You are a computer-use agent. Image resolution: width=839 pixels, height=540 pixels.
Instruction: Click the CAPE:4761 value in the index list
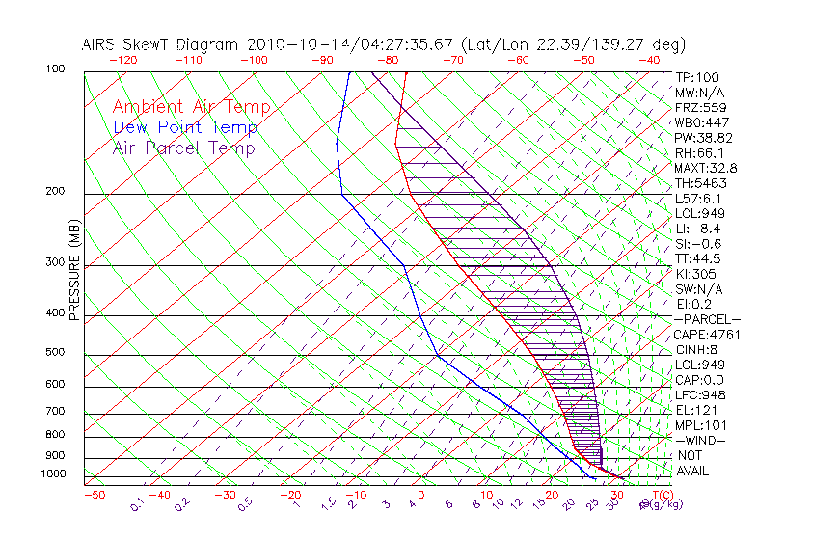tap(706, 335)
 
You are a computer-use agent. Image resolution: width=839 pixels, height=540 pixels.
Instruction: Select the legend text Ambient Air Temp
tap(192, 107)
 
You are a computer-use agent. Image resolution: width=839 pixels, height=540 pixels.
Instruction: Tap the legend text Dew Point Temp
tap(185, 127)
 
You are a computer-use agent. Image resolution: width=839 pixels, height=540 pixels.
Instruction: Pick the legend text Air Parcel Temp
tap(184, 148)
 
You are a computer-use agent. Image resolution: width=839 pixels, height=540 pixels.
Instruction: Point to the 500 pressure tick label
tap(55, 353)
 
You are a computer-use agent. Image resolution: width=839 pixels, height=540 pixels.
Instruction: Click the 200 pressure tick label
tap(55, 192)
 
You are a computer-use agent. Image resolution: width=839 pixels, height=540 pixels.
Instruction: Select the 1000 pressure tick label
tap(52, 473)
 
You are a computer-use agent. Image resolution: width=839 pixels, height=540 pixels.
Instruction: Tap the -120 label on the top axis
tap(123, 60)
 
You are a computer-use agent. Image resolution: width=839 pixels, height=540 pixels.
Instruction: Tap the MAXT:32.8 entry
tap(706, 168)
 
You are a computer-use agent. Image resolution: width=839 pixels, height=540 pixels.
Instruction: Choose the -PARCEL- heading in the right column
tap(707, 319)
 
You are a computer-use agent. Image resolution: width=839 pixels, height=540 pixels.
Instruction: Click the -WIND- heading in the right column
tap(700, 440)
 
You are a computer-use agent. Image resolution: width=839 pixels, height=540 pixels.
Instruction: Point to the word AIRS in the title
tap(100, 44)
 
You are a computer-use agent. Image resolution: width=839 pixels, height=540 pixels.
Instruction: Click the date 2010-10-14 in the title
tap(286, 44)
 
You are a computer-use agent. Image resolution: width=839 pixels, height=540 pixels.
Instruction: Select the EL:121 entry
tap(696, 410)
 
